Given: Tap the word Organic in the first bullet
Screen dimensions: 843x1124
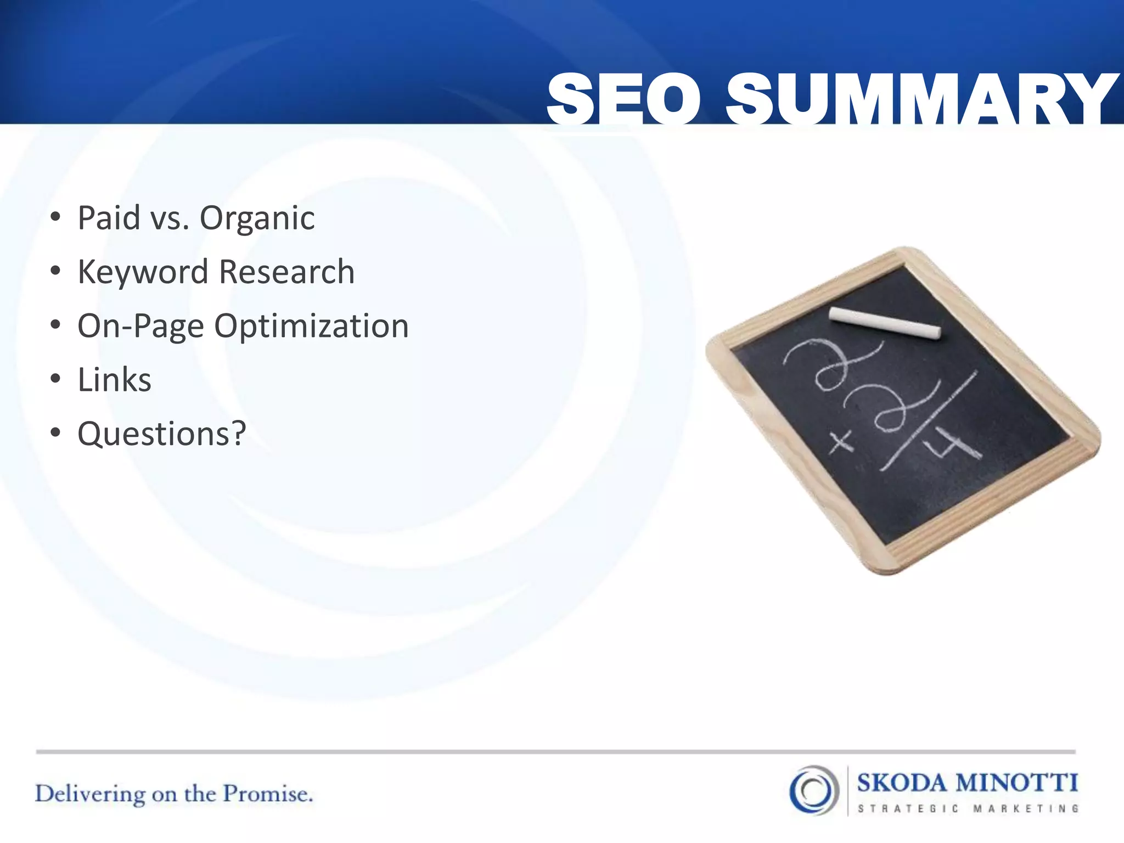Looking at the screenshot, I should coord(257,218).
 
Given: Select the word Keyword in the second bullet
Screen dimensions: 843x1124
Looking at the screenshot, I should coord(143,272).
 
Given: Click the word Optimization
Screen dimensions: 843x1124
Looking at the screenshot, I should coord(311,326).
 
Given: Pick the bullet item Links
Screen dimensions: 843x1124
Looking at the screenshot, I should coord(114,380).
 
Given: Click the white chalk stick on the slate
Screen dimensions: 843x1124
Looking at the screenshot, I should coord(884,323).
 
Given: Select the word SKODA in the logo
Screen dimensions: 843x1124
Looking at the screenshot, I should coord(902,783).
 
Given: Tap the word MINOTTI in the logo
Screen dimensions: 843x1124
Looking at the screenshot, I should coord(1016,783).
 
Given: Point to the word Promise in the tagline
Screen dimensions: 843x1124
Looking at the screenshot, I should coord(268,794).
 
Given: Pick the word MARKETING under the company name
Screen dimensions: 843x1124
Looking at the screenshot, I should coord(1026,808).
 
